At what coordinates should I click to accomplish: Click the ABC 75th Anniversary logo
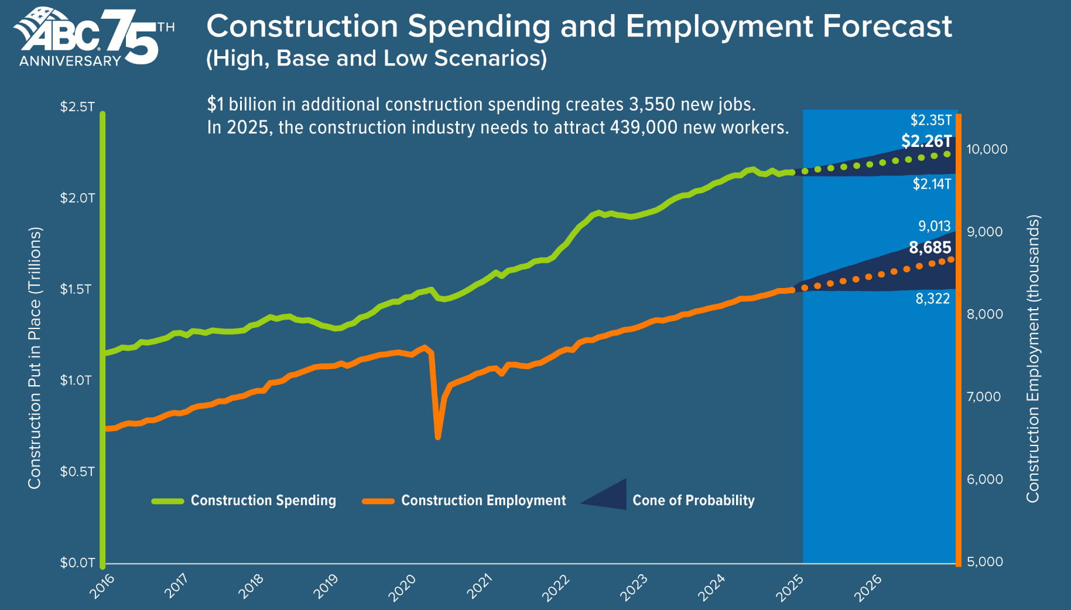[x=94, y=36]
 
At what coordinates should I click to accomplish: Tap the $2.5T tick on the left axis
[x=77, y=107]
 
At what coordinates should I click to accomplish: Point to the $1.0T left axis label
[x=76, y=381]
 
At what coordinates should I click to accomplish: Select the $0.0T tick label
[x=77, y=563]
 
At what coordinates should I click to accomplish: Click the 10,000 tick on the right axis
[x=987, y=149]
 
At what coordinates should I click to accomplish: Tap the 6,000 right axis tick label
[x=984, y=479]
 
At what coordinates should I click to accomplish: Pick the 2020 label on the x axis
[x=402, y=587]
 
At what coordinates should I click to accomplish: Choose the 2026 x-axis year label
[x=868, y=587]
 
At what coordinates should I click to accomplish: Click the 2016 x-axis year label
[x=102, y=586]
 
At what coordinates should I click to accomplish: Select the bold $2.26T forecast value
[x=926, y=141]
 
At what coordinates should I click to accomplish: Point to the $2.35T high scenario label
[x=931, y=120]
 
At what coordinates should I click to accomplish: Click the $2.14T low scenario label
[x=932, y=184]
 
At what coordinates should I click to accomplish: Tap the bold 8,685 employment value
[x=930, y=248]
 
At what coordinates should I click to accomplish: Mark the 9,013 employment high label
[x=934, y=226]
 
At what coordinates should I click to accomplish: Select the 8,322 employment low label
[x=933, y=299]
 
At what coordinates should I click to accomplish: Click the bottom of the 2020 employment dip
[x=437, y=437]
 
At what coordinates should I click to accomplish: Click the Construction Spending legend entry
[x=263, y=501]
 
